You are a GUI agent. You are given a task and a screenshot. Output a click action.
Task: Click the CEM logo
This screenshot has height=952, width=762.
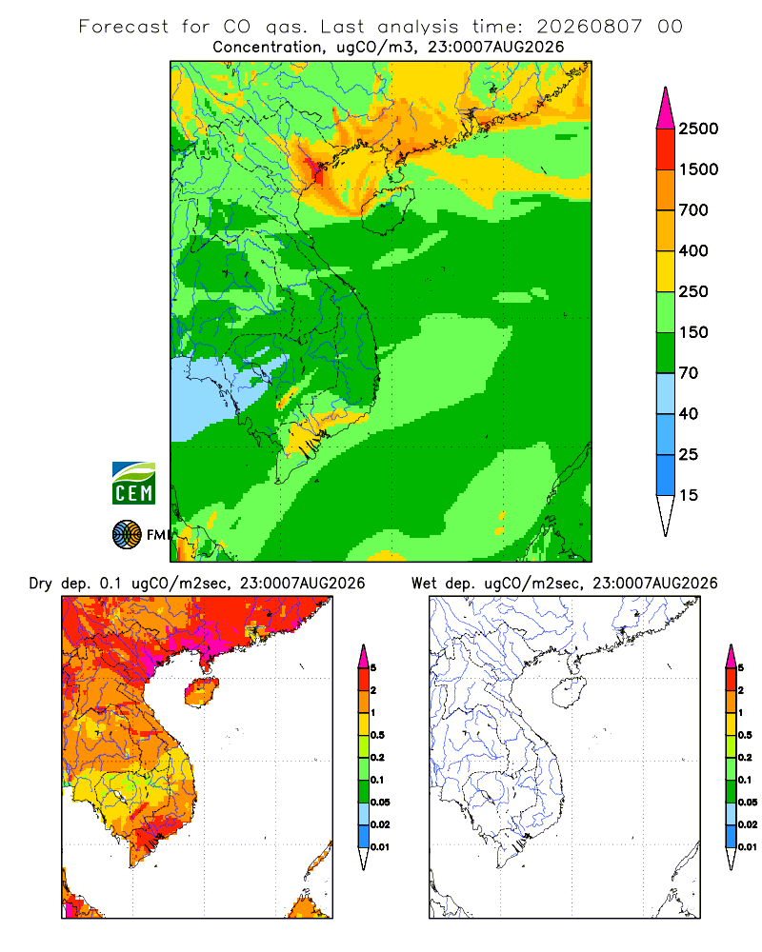[133, 483]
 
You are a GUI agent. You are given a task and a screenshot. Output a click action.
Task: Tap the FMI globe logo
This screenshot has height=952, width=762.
[127, 535]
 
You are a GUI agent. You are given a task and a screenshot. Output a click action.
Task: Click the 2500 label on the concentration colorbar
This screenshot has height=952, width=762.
[698, 129]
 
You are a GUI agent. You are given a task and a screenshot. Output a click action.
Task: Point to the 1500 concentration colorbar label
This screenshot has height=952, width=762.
[698, 169]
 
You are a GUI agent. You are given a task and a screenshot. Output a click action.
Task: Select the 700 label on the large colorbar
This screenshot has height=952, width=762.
[693, 210]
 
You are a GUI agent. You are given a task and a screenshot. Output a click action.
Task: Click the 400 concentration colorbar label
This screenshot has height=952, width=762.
[693, 250]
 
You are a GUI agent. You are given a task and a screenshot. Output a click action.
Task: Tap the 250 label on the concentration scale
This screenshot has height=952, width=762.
[693, 291]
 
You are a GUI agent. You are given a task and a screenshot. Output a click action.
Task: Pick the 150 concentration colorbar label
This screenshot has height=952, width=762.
[693, 332]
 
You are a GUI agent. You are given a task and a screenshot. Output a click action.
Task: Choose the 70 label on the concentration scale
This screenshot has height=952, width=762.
[689, 373]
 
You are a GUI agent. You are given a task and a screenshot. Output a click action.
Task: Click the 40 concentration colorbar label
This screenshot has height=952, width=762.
[689, 413]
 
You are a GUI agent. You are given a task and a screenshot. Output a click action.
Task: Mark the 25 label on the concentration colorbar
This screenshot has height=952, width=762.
[689, 454]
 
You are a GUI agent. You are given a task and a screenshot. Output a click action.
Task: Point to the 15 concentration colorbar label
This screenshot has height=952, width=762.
[689, 495]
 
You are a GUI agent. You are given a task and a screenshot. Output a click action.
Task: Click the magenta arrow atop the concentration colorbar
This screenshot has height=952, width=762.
[666, 109]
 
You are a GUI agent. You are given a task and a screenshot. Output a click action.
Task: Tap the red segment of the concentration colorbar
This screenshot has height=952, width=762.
[666, 149]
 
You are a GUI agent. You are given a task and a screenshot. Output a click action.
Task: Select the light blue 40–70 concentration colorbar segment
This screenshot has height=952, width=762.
[666, 393]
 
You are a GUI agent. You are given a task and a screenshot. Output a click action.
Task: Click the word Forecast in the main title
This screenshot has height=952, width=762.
[124, 27]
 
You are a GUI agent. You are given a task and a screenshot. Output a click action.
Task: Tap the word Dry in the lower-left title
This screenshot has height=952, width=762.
[41, 584]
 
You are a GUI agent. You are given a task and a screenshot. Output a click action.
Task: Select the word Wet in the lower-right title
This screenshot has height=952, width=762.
[424, 584]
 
